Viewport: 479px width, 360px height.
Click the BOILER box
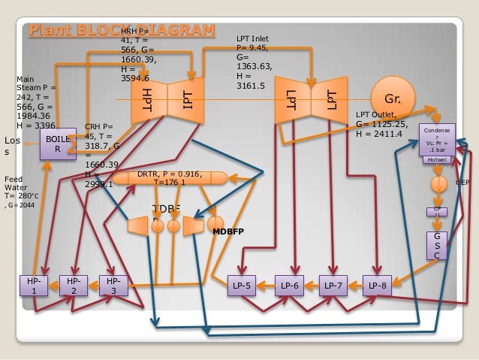57,144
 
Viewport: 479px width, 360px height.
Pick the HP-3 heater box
113,286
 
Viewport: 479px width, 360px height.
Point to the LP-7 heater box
335,286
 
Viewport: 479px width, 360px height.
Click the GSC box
438,246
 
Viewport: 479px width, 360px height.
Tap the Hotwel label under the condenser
436,160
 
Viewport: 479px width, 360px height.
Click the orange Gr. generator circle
393,98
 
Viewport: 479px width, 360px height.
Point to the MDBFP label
230,231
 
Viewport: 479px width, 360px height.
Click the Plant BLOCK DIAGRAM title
122,30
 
